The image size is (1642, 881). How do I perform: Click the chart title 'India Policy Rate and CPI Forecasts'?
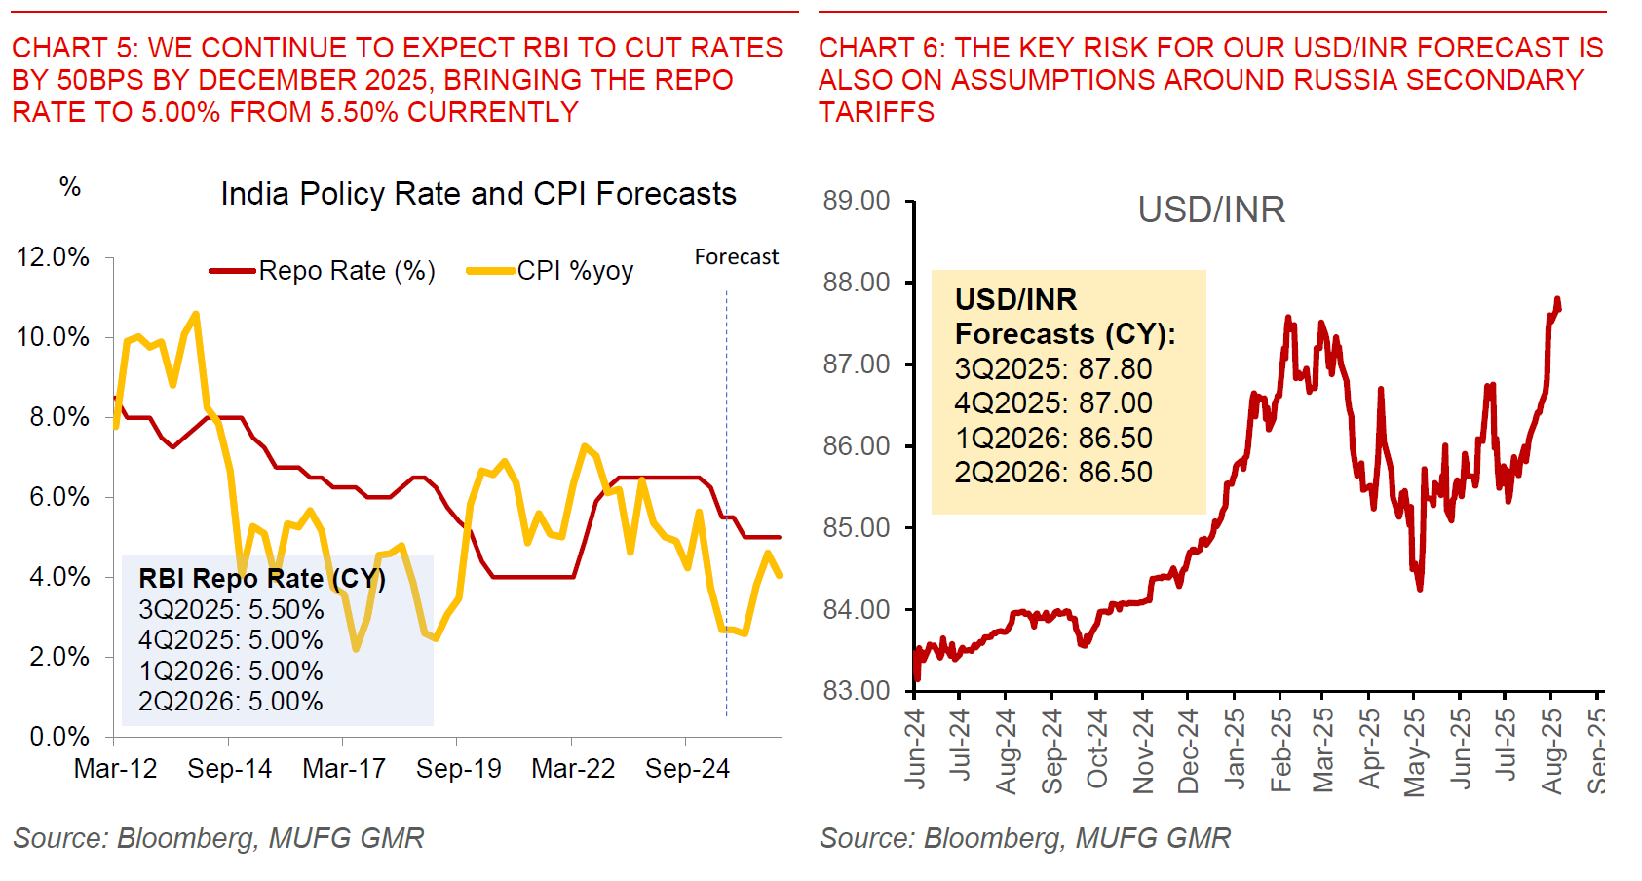pos(477,194)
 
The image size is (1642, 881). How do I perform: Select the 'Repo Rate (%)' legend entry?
pos(346,271)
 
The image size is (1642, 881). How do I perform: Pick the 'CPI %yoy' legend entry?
pos(575,271)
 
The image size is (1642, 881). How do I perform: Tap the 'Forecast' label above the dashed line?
pos(736,257)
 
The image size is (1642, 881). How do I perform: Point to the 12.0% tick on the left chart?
pos(53,257)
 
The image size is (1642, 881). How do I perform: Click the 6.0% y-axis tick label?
pos(58,497)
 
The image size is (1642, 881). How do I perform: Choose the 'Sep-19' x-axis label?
pos(458,769)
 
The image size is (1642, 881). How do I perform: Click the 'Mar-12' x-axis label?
pos(115,769)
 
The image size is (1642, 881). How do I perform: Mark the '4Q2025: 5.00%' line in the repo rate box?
pos(230,640)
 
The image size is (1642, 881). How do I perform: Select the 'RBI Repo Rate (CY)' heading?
pos(261,579)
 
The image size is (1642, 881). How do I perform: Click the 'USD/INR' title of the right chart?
pos(1211,210)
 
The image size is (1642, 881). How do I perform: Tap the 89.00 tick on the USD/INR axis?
pos(856,201)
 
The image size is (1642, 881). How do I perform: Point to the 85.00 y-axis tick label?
pos(856,527)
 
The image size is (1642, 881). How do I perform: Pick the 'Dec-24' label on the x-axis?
pos(1188,751)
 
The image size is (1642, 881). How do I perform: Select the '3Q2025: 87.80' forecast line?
pos(1052,369)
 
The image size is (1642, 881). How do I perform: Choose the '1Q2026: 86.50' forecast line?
pos(1052,438)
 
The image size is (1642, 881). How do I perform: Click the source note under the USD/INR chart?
pos(1024,838)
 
